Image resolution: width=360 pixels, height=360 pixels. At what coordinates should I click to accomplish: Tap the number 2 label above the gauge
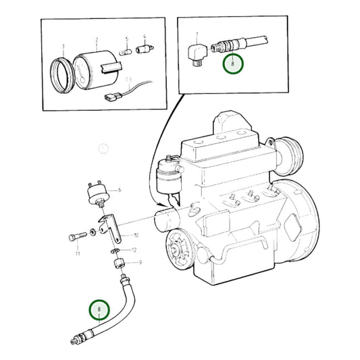coord(97,41)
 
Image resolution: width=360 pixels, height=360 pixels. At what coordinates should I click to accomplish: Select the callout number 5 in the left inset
coord(126,40)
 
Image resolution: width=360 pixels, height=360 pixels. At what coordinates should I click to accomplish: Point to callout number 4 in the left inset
coord(144,37)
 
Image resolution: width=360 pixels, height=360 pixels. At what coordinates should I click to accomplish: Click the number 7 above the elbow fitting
coord(197,34)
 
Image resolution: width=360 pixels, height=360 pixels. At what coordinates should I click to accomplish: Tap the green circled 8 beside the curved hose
coord(100,310)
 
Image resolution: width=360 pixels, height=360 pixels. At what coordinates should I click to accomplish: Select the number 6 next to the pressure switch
coord(119,190)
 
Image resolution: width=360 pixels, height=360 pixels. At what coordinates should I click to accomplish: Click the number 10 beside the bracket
coord(136,235)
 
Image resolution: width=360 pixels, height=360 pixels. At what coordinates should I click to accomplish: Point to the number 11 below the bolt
coord(78,254)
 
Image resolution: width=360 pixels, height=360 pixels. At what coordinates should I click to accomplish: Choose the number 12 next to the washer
coord(134,249)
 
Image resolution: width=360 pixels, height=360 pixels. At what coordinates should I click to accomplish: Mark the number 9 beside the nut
coord(140,262)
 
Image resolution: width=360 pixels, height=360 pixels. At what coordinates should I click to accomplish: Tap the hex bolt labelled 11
coord(76,238)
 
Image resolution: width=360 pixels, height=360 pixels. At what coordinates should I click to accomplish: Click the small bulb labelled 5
coord(126,51)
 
